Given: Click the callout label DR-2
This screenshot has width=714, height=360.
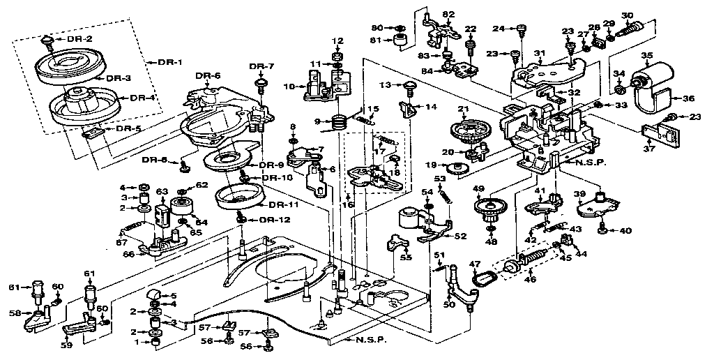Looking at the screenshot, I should coord(79,38).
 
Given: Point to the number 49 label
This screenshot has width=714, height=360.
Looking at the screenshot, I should coord(478,188).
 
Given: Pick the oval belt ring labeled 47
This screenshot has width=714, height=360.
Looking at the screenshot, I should coord(482,280).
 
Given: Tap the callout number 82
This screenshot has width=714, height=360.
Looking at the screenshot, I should coord(448,15).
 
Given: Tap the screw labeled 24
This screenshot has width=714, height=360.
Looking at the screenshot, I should coord(520,29).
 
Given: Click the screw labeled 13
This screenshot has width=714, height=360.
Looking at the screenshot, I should coord(409,87).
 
